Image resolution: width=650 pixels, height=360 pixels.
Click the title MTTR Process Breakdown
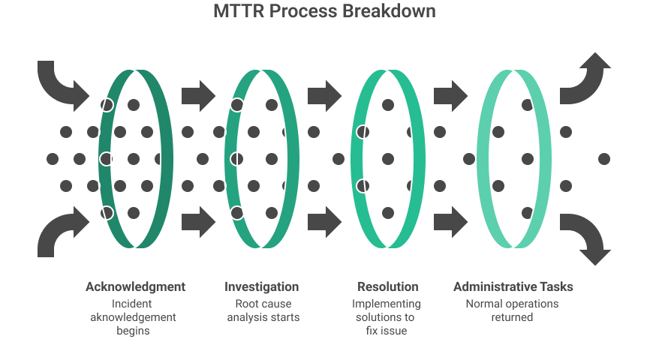pos(323,12)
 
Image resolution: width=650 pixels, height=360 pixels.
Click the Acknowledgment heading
pos(135,286)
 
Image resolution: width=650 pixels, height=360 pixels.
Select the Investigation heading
pos(262,286)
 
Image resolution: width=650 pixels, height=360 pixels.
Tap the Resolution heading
pos(387,286)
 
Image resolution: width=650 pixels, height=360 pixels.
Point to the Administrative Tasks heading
pos(513,286)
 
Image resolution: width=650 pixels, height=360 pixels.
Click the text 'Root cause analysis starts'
pos(263,310)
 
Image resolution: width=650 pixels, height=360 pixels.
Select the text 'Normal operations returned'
pos(513,310)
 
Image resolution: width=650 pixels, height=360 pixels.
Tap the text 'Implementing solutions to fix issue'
pos(387,317)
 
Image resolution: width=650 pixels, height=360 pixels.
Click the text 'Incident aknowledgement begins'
pos(134,317)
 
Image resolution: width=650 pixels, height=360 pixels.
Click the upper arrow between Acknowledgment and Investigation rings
pos(198,94)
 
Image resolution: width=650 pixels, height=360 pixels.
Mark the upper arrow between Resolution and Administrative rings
pos(450,94)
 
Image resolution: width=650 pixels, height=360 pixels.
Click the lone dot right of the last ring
pos(604,159)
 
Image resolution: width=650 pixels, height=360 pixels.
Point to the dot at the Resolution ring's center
pos(388,159)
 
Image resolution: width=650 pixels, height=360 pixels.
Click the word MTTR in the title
pos(237,12)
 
